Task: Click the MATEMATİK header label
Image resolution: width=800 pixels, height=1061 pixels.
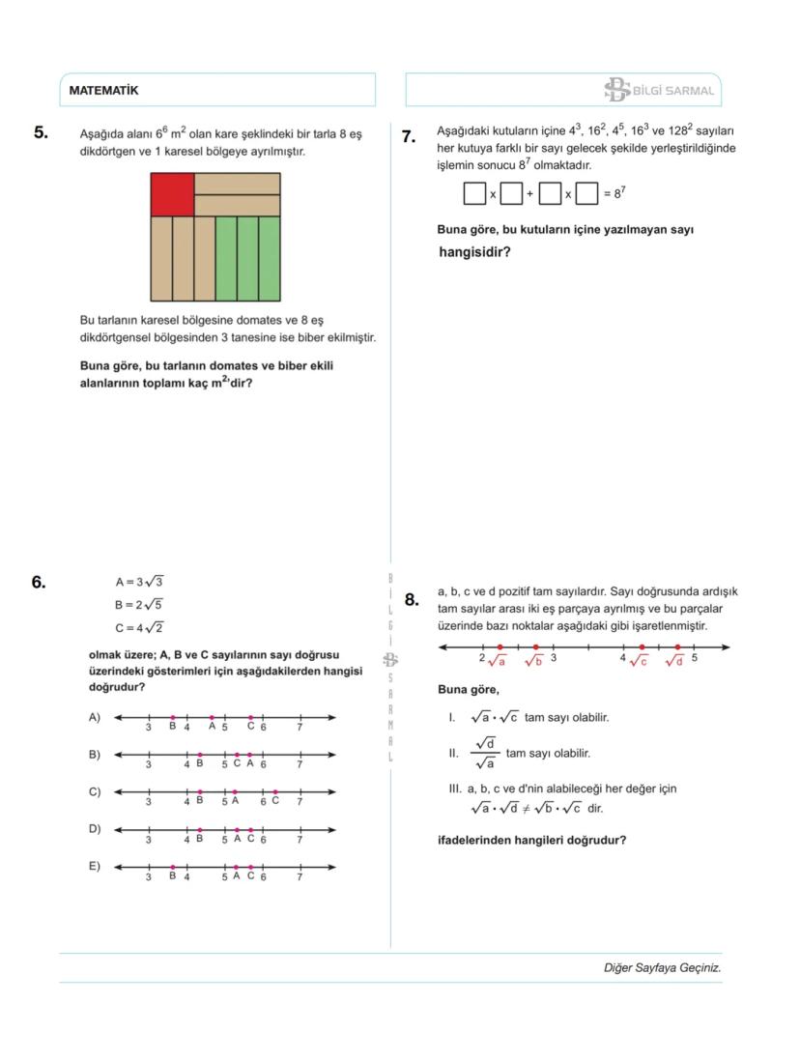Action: [x=103, y=91]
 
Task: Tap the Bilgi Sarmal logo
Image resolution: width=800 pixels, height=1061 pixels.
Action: [x=659, y=91]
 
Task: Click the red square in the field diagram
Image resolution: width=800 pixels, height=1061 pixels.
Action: [x=172, y=194]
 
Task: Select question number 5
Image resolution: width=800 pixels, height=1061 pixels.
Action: [x=41, y=133]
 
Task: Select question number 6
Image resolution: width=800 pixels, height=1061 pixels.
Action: [x=39, y=582]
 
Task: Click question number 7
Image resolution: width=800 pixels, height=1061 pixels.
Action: [x=409, y=137]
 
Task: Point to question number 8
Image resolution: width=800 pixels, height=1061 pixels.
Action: [x=412, y=599]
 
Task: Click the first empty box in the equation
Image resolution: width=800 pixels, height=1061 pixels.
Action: [x=474, y=194]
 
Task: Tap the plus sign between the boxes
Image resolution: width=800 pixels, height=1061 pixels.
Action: [x=529, y=194]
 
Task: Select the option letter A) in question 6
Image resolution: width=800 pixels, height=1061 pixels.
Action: [x=95, y=717]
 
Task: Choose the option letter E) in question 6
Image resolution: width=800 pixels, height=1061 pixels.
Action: [x=95, y=866]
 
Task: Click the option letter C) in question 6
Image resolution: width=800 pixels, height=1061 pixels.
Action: [x=95, y=791]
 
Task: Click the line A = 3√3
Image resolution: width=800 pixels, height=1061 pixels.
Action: [x=140, y=582]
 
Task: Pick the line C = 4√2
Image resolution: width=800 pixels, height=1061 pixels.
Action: [x=140, y=627]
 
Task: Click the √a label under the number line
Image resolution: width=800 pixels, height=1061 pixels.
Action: [x=498, y=661]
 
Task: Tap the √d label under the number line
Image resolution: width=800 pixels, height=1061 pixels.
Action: [x=674, y=661]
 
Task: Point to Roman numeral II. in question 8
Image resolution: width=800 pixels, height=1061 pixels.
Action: [x=452, y=753]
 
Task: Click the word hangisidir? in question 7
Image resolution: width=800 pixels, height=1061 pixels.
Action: [x=474, y=253]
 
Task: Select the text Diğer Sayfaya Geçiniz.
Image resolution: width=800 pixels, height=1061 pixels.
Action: [x=662, y=967]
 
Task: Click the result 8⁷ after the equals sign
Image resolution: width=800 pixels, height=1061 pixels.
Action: [x=615, y=193]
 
